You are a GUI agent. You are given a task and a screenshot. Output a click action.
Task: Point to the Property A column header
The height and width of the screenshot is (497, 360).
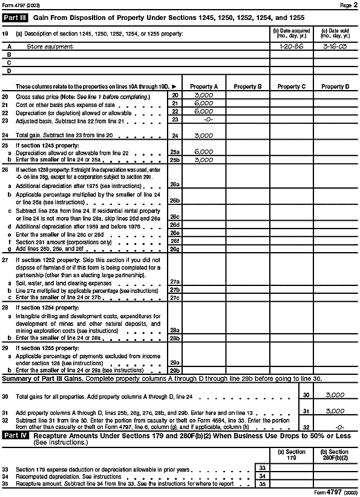pos(203,87)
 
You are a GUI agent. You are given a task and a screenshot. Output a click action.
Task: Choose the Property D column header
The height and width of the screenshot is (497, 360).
pos(335,87)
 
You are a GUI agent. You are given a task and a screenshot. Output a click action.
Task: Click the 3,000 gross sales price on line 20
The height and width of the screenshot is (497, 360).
pos(203,96)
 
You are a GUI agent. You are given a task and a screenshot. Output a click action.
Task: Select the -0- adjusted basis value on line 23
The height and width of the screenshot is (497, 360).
pos(203,120)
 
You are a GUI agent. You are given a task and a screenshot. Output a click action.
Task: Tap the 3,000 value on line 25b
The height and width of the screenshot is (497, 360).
pos(203,159)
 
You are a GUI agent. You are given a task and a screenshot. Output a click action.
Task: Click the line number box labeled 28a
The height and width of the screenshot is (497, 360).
pos(175,330)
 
